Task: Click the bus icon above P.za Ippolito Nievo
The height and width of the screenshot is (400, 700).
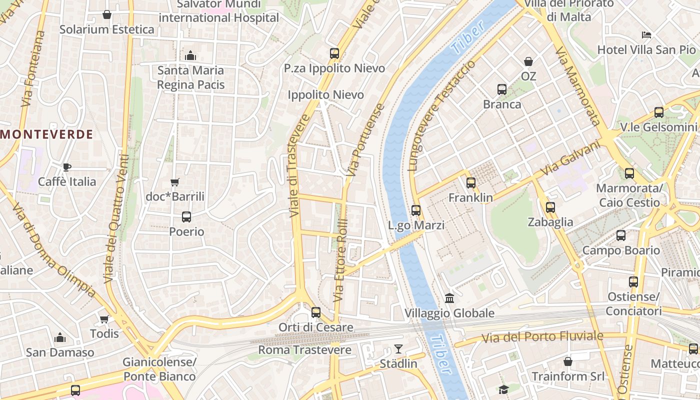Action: tap(334, 53)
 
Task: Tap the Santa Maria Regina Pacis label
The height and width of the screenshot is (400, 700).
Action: tap(190, 77)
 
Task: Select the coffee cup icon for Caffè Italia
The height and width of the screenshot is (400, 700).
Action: tap(67, 167)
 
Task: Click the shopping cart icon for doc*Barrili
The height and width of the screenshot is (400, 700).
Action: tap(174, 182)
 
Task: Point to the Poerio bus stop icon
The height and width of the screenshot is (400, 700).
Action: tap(186, 217)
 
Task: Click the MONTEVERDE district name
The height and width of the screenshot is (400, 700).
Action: tap(47, 134)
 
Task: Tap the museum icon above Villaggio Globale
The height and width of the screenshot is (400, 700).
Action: tap(449, 298)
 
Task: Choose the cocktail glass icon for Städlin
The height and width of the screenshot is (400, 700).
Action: tap(398, 348)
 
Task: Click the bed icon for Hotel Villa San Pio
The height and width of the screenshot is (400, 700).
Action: tap(646, 35)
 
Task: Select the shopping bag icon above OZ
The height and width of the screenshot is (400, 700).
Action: tap(528, 61)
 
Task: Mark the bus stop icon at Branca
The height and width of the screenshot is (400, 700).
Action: tap(502, 89)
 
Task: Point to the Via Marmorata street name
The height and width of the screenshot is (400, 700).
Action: tap(577, 86)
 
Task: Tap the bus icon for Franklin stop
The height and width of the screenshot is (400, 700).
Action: tap(470, 183)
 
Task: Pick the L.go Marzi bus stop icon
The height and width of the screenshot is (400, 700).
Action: tap(416, 210)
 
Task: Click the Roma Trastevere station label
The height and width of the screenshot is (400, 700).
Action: tap(304, 350)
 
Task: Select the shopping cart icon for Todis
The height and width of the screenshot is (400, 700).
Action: tap(104, 319)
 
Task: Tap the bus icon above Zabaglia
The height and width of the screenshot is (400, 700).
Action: tap(550, 207)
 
